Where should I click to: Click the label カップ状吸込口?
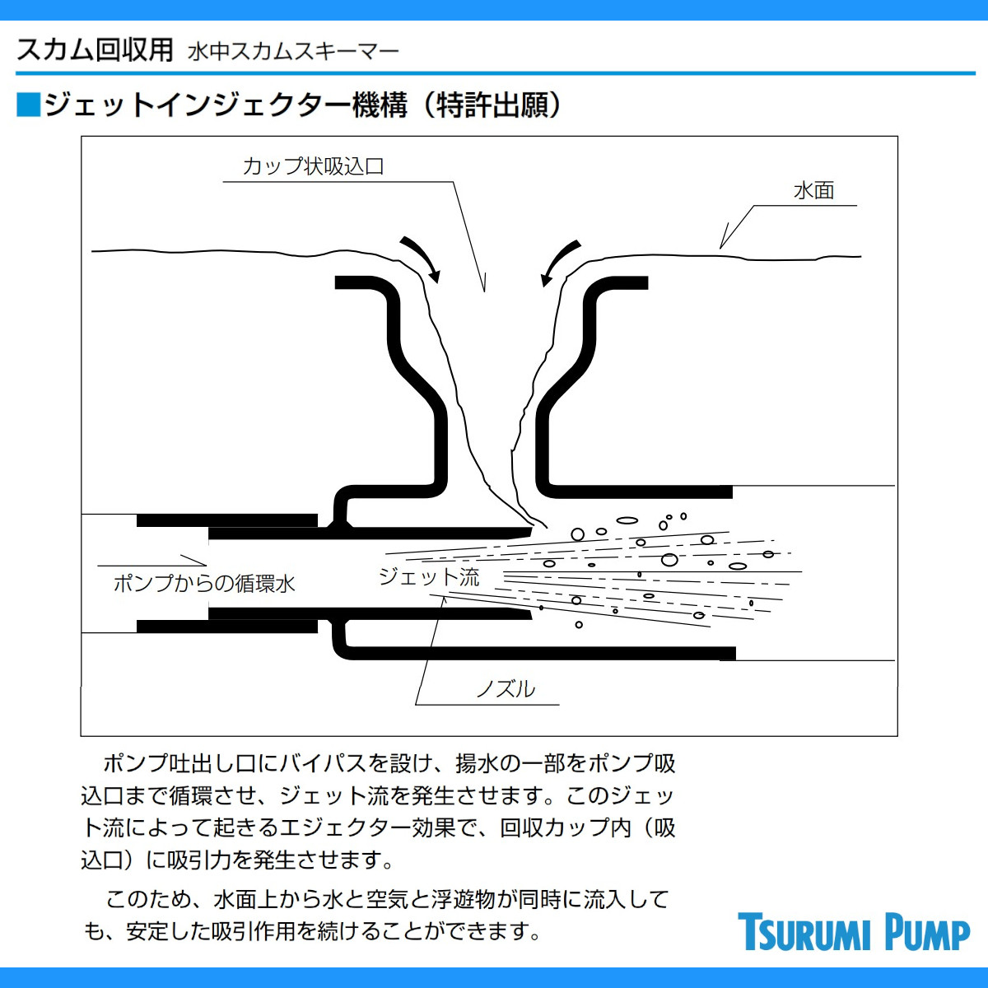click(313, 166)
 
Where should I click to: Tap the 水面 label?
click(813, 191)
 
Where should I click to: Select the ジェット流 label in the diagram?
click(428, 576)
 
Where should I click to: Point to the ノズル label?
click(506, 688)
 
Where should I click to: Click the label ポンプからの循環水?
click(204, 584)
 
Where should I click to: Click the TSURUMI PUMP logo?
click(853, 932)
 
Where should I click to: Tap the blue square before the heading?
click(28, 105)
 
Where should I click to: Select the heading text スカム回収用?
click(95, 49)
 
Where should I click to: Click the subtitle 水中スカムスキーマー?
click(293, 52)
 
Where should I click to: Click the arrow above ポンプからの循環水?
click(151, 564)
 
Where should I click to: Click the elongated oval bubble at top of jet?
click(627, 520)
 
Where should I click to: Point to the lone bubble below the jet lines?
click(579, 625)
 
